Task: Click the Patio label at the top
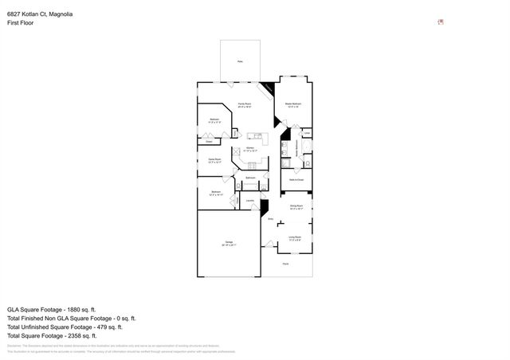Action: pos(240,61)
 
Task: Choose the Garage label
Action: pos(228,244)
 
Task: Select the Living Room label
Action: pos(294,237)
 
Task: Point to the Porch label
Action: pos(286,264)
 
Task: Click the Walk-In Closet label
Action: pos(296,181)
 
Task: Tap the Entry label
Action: pos(270,219)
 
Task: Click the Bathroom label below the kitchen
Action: pos(250,178)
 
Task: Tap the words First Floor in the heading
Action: pos(21,23)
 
